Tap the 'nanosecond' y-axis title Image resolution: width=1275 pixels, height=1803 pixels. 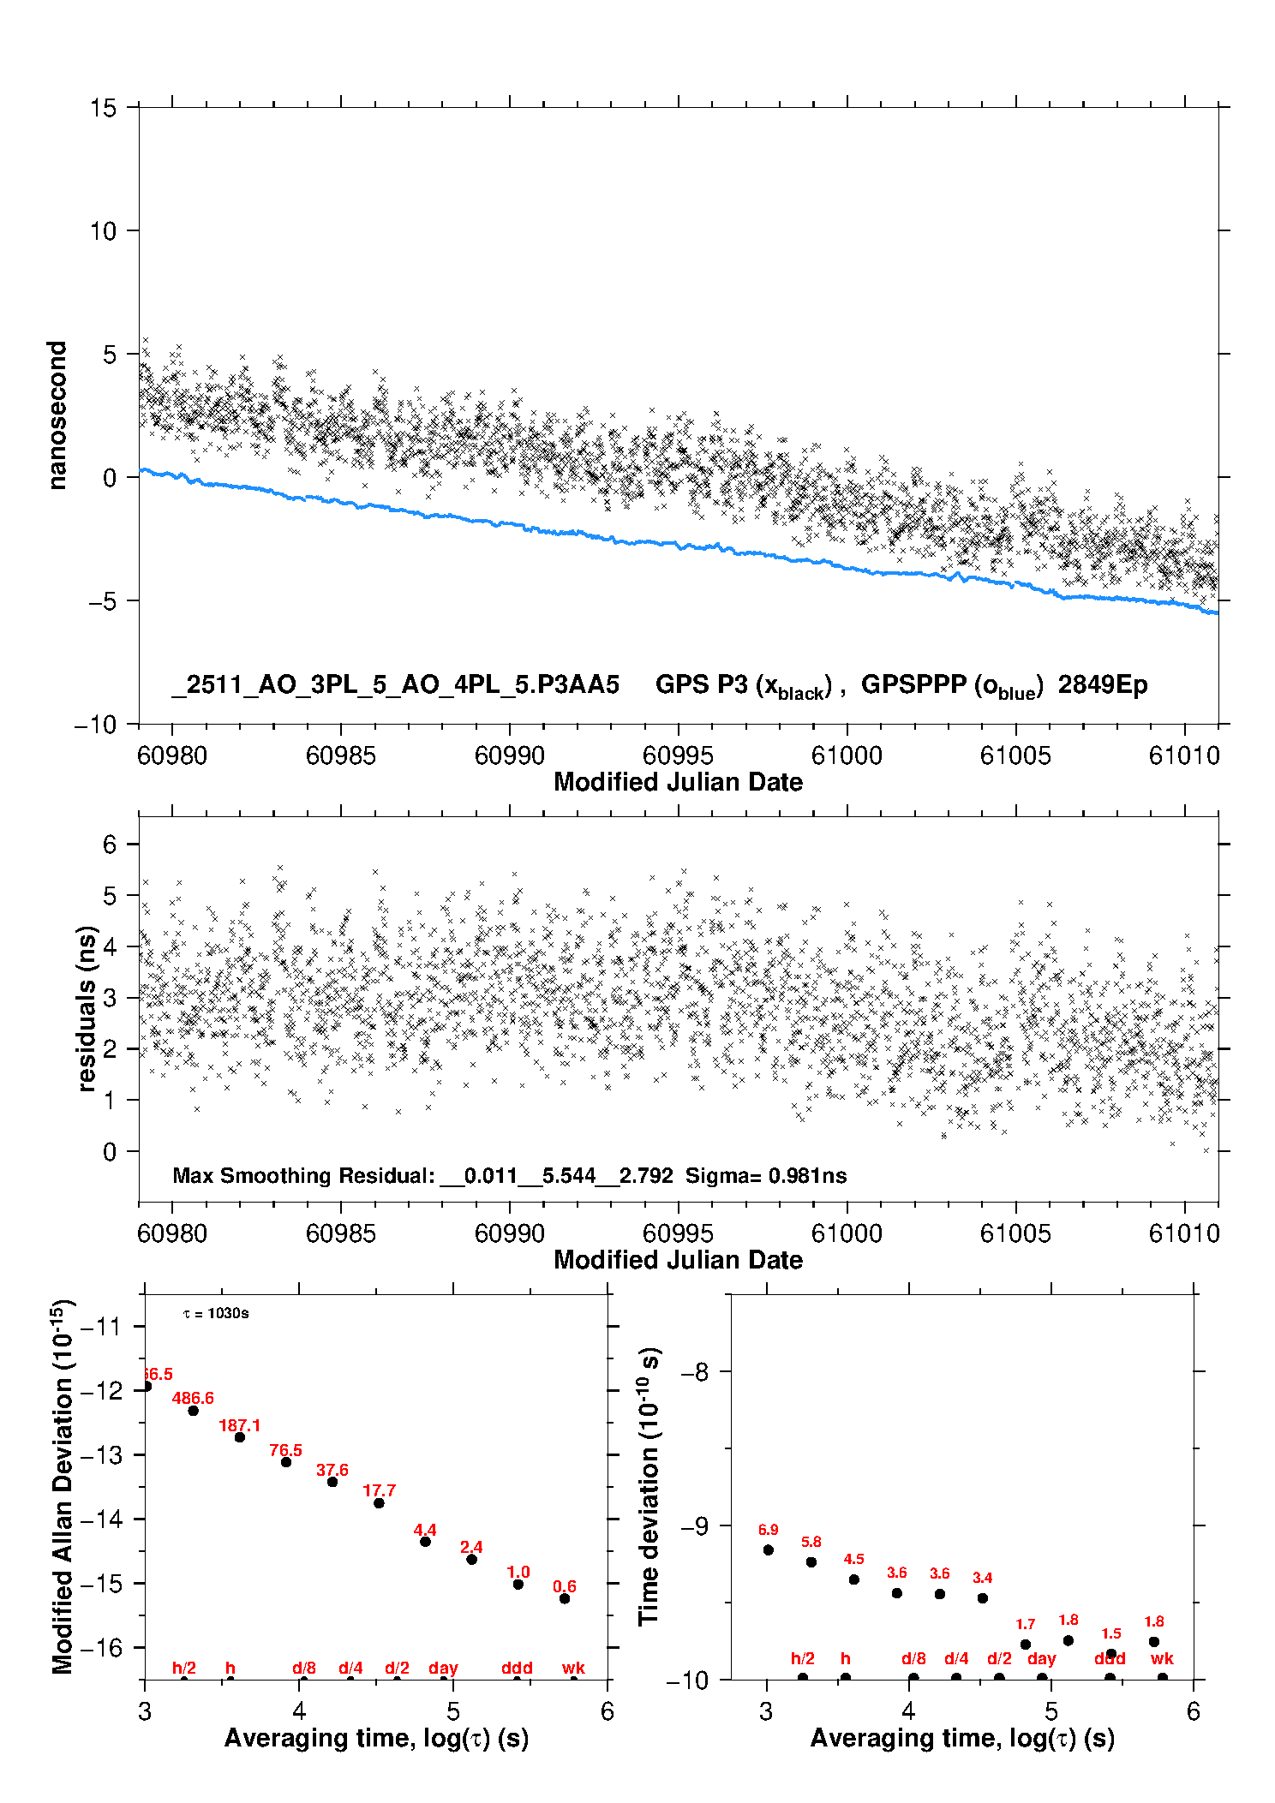57,415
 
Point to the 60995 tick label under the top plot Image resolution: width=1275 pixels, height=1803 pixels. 678,755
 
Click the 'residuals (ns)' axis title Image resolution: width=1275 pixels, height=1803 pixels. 86,1008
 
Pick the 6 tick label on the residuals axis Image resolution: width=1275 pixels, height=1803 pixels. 110,845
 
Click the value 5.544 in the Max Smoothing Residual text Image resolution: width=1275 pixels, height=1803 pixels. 568,1175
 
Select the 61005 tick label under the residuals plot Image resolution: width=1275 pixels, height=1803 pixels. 1015,1233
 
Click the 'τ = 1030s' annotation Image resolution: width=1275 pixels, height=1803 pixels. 216,1313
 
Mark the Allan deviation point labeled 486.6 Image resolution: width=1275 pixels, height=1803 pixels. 194,1411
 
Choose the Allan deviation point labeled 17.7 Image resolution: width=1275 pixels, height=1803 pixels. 379,1502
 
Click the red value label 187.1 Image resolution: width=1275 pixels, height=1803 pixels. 239,1425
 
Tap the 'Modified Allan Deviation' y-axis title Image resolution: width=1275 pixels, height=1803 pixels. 63,1486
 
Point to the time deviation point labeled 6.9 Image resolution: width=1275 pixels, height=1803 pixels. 769,1549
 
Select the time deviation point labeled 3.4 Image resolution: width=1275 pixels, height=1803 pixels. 983,1597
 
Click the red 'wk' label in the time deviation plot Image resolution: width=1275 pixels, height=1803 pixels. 1162,1658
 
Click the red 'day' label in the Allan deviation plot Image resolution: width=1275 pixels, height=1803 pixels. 443,1668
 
